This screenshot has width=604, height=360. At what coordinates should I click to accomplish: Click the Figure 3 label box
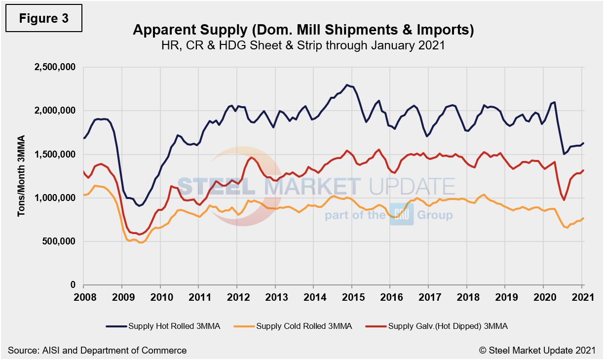[x=44, y=19]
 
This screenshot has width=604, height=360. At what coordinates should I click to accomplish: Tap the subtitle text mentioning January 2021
[x=303, y=45]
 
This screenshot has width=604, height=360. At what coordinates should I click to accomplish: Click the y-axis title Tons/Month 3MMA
[x=21, y=176]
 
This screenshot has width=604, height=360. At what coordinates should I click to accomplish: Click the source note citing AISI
[x=97, y=350]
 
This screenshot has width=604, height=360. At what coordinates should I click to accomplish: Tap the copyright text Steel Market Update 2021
[x=537, y=350]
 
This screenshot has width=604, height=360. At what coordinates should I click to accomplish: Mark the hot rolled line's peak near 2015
[x=347, y=85]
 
